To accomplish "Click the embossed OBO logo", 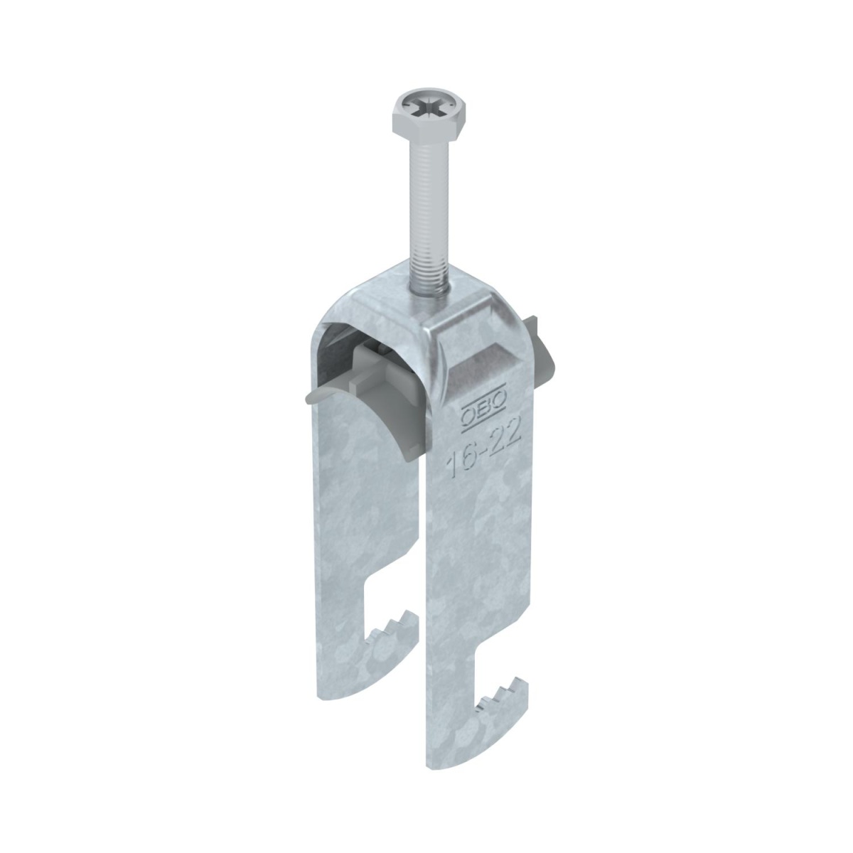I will (x=485, y=407).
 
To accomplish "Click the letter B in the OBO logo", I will (x=485, y=407).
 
